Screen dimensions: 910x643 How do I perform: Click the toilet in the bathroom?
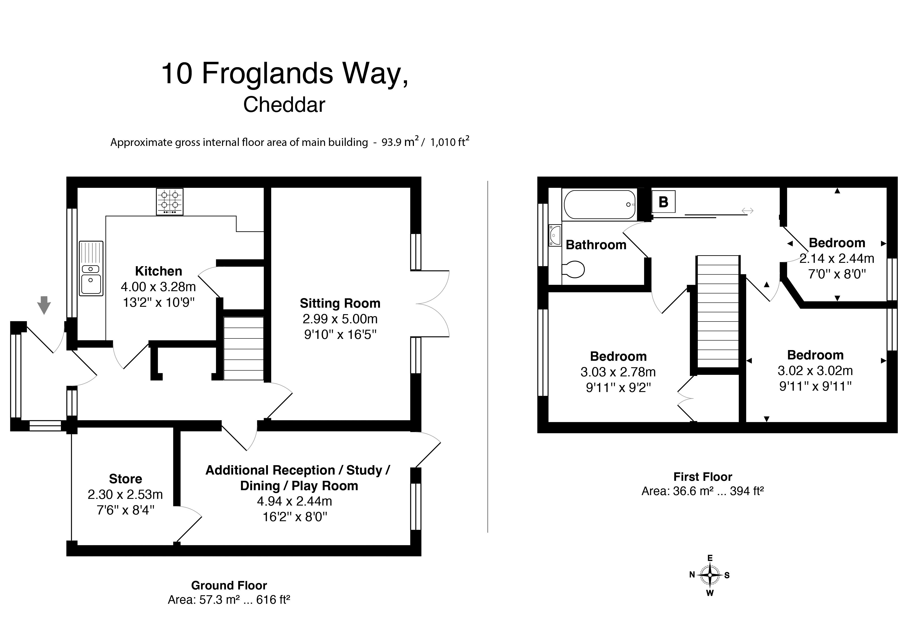[574, 270]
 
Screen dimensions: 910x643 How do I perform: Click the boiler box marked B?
[663, 202]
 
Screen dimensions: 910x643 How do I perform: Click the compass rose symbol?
[710, 575]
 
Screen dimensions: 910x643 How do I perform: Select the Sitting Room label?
[340, 303]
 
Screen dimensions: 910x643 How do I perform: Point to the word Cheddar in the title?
[284, 105]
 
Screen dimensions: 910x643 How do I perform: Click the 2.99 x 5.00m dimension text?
[340, 319]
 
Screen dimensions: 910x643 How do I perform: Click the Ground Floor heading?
[229, 586]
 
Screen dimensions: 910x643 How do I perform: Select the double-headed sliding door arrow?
[747, 211]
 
